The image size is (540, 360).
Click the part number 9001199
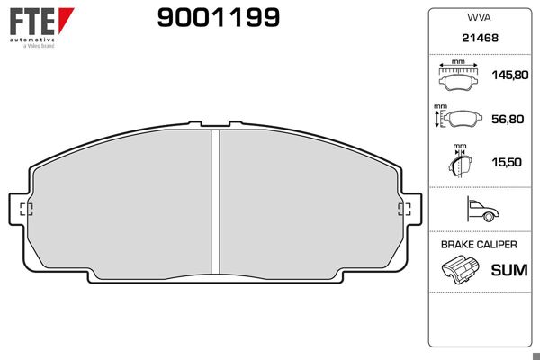[219, 18]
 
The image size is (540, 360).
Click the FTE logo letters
[32, 22]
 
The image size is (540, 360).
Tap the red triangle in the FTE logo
[65, 20]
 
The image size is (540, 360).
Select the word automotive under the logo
[32, 40]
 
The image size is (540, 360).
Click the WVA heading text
[479, 17]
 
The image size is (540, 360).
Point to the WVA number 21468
[480, 38]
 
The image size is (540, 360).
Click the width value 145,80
[510, 75]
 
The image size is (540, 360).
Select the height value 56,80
[508, 119]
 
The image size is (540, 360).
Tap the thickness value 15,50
[507, 162]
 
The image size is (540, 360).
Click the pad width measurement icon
[458, 76]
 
